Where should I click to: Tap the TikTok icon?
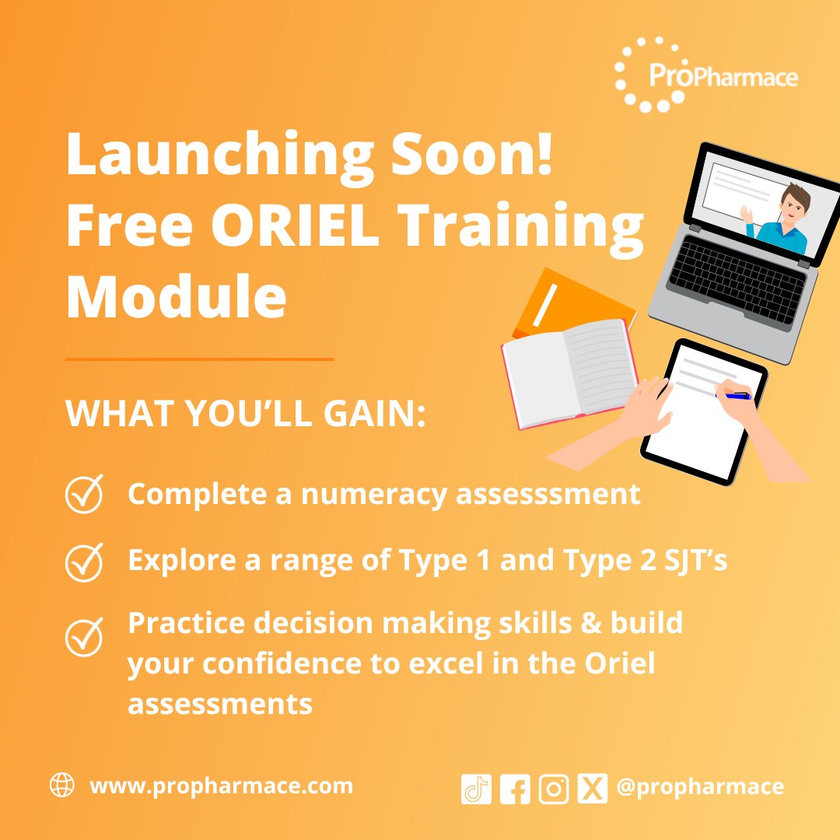[x=476, y=789]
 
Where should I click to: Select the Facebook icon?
[x=515, y=789]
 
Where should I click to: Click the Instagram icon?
[x=554, y=789]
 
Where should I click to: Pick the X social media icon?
[x=593, y=789]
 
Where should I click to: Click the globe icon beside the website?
[x=62, y=786]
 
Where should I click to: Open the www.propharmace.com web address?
[x=222, y=786]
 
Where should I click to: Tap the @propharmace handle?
[x=700, y=787]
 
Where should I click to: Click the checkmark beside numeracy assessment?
[x=84, y=493]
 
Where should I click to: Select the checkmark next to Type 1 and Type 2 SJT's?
[x=84, y=562]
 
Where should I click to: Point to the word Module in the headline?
[x=176, y=297]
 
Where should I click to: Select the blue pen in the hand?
[x=736, y=396]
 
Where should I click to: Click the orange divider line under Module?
[x=199, y=359]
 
